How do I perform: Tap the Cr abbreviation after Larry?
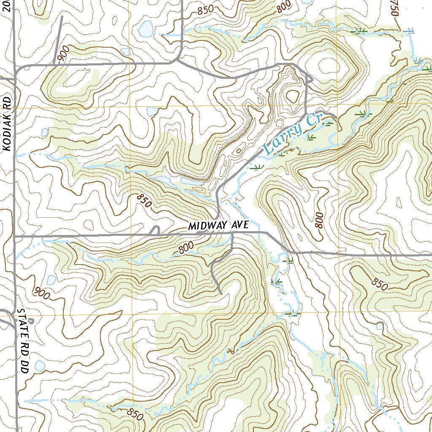314,119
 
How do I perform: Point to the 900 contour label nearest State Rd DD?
42,292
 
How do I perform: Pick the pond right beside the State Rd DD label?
40,365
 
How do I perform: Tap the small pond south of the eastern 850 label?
380,326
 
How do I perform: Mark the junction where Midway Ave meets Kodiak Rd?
15,237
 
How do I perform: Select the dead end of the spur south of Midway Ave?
221,292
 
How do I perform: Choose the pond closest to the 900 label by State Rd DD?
51,280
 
